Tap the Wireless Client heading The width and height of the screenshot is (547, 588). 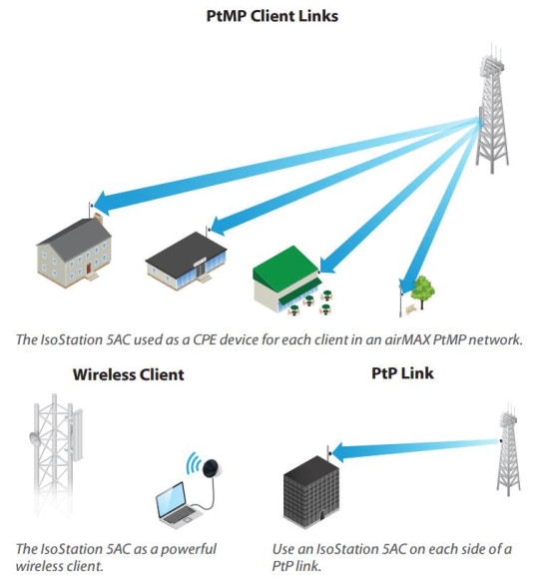coord(128,376)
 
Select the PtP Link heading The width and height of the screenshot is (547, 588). coord(392,376)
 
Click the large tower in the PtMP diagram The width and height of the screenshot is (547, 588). coord(491,110)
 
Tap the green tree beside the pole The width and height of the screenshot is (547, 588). coord(423,291)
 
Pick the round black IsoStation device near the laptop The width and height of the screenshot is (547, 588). coord(213,465)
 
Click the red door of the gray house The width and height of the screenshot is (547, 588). coord(91,268)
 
